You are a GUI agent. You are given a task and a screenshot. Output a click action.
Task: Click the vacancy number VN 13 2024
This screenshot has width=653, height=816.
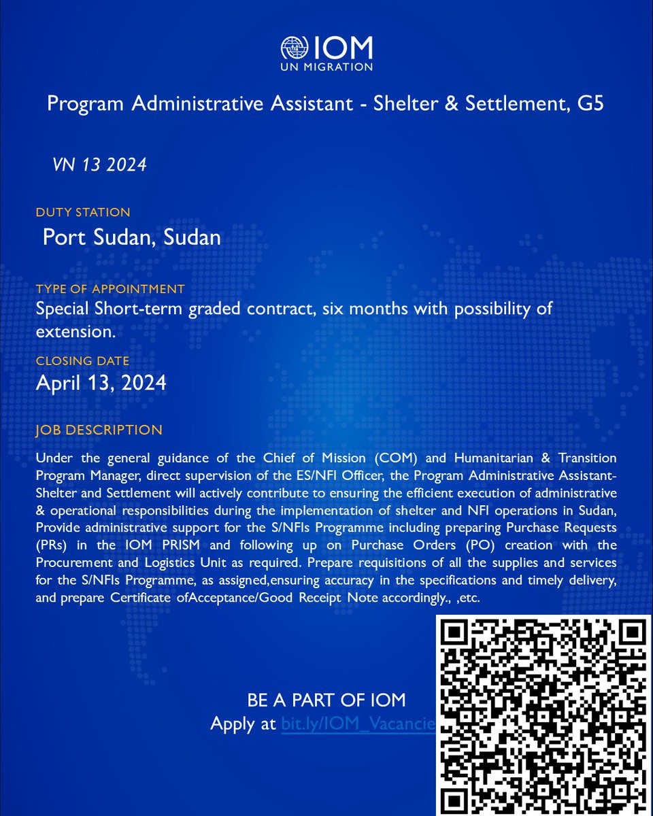(x=99, y=165)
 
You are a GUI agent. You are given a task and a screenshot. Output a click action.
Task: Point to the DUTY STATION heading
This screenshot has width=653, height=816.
(x=83, y=213)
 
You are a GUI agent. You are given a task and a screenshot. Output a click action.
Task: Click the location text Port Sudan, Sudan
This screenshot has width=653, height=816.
(x=131, y=237)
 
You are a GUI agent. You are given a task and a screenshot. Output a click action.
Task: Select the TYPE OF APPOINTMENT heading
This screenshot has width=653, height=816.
(x=110, y=289)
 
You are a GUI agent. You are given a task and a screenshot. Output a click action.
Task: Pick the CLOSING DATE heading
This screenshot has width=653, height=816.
(x=82, y=361)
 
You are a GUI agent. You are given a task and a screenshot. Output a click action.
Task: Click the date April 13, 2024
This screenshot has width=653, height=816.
(x=101, y=383)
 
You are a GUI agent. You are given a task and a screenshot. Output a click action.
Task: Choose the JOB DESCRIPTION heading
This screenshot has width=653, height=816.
(x=99, y=430)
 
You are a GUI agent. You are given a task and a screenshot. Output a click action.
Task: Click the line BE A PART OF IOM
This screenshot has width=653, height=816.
(x=326, y=700)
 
